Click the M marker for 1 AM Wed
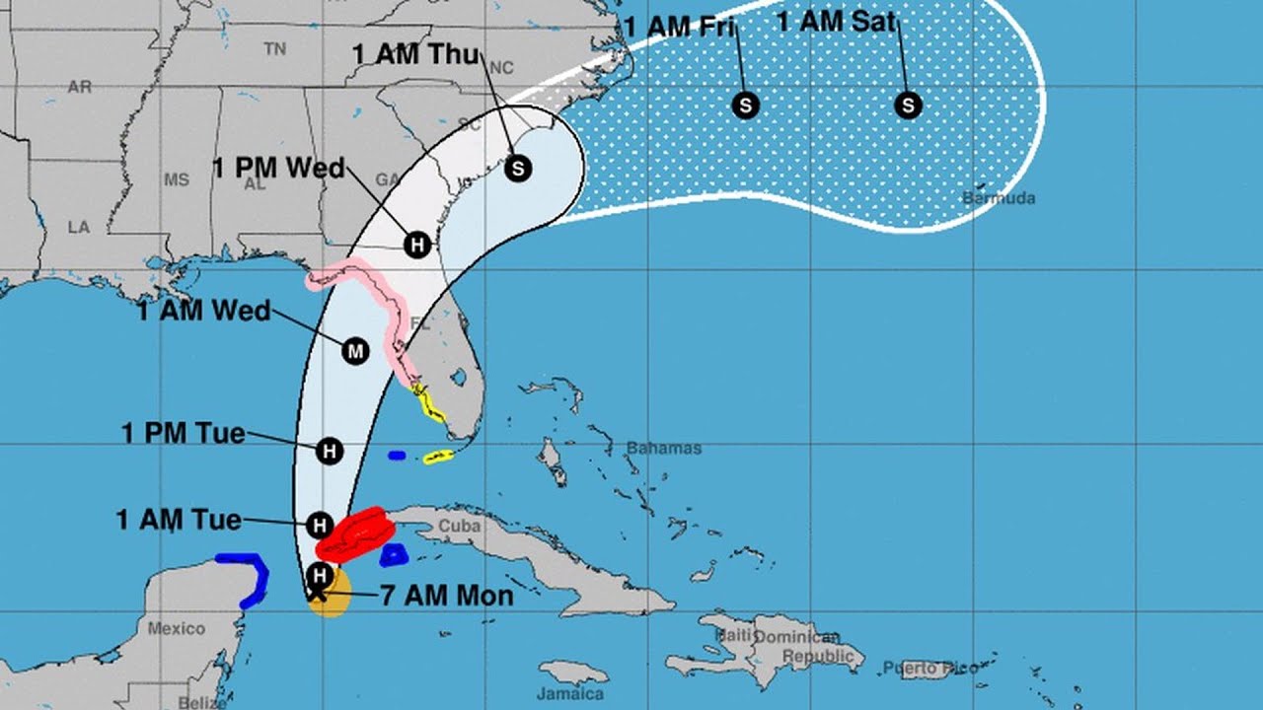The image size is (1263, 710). pos(355,350)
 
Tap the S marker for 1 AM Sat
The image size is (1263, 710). pos(908,105)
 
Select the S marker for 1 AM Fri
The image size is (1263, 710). pos(746,105)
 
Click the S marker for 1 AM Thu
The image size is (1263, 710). pos(517,169)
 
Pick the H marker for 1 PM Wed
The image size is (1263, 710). pos(417,244)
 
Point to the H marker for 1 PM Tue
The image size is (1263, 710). pos(330,452)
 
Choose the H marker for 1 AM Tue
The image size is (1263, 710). pos(318,525)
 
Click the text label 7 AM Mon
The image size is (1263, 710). pos(445,596)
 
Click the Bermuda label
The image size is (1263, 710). pos(999,198)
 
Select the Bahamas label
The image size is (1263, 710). pos(664,449)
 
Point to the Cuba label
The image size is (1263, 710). pos(460,526)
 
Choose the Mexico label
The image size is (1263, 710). pos(177,628)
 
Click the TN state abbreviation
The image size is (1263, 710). pos(275,48)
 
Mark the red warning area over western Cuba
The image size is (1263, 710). pos(355,535)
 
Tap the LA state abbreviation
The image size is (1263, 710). pos(79,228)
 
